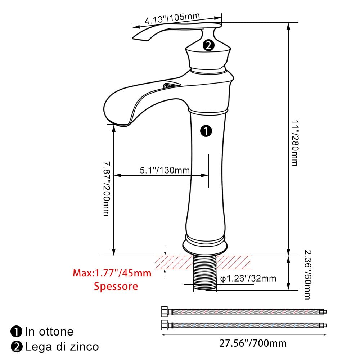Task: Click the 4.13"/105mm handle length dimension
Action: (172, 18)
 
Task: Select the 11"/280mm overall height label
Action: (295, 143)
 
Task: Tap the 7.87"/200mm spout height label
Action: (107, 189)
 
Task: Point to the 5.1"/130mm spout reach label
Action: (165, 170)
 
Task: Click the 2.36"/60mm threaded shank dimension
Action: (308, 275)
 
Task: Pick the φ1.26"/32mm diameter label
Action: (248, 279)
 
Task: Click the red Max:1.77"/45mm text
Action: (112, 273)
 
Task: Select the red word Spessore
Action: (116, 286)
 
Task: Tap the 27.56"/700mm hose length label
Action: (253, 343)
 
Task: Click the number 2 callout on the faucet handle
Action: (208, 45)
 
